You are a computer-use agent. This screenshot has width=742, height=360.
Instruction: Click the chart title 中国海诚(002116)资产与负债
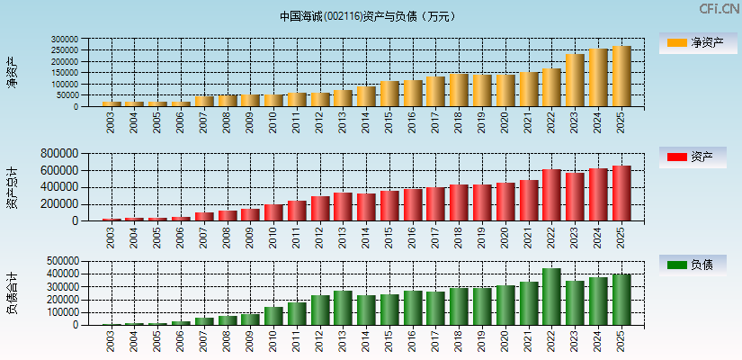click(x=368, y=16)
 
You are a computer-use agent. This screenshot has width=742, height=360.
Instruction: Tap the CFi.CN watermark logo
click(x=719, y=9)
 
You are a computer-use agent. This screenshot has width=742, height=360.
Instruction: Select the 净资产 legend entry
click(x=697, y=43)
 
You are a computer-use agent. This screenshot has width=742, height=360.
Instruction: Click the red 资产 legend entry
click(x=697, y=157)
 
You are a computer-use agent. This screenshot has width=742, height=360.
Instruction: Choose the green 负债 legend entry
click(x=697, y=265)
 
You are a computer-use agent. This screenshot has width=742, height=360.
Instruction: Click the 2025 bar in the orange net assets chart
click(x=621, y=76)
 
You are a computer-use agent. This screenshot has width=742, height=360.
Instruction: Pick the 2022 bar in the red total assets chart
click(x=551, y=195)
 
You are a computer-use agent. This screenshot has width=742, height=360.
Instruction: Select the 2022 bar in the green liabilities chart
click(x=551, y=297)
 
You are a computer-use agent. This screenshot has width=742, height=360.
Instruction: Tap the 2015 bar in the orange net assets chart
click(x=389, y=94)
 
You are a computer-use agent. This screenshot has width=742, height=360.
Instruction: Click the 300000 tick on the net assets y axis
click(x=65, y=40)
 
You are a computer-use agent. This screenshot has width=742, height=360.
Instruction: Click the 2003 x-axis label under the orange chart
click(x=111, y=122)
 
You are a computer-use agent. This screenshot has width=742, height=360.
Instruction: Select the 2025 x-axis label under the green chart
click(x=621, y=341)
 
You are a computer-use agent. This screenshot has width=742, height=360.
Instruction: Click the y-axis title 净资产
click(x=12, y=73)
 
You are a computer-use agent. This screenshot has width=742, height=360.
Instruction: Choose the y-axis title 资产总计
click(x=12, y=187)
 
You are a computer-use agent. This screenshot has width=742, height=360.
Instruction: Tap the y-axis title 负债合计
click(x=12, y=293)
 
